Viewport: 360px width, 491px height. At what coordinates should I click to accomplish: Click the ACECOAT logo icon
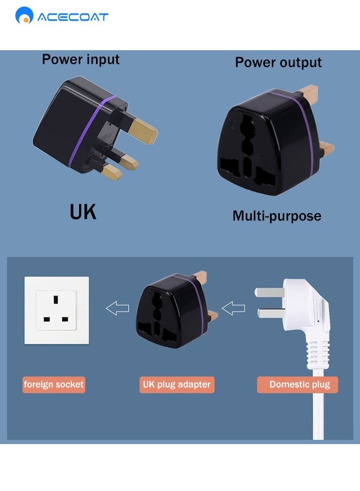(25, 15)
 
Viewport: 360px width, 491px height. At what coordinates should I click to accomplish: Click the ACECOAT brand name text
(73, 17)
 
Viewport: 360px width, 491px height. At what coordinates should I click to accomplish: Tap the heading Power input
(81, 59)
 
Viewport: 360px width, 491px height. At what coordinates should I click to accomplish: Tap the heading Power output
(278, 62)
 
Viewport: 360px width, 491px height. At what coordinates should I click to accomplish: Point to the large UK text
(83, 212)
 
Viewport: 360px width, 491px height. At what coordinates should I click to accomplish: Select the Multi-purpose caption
(277, 216)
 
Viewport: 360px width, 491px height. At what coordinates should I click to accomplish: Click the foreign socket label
(54, 385)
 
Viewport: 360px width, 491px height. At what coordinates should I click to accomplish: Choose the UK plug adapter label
(176, 385)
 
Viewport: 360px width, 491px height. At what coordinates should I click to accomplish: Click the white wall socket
(57, 310)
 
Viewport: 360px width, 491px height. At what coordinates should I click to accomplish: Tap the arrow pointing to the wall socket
(117, 309)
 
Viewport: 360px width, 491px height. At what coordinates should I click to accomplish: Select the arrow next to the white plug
(233, 309)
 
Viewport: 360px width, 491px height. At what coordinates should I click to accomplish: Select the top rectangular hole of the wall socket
(56, 300)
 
